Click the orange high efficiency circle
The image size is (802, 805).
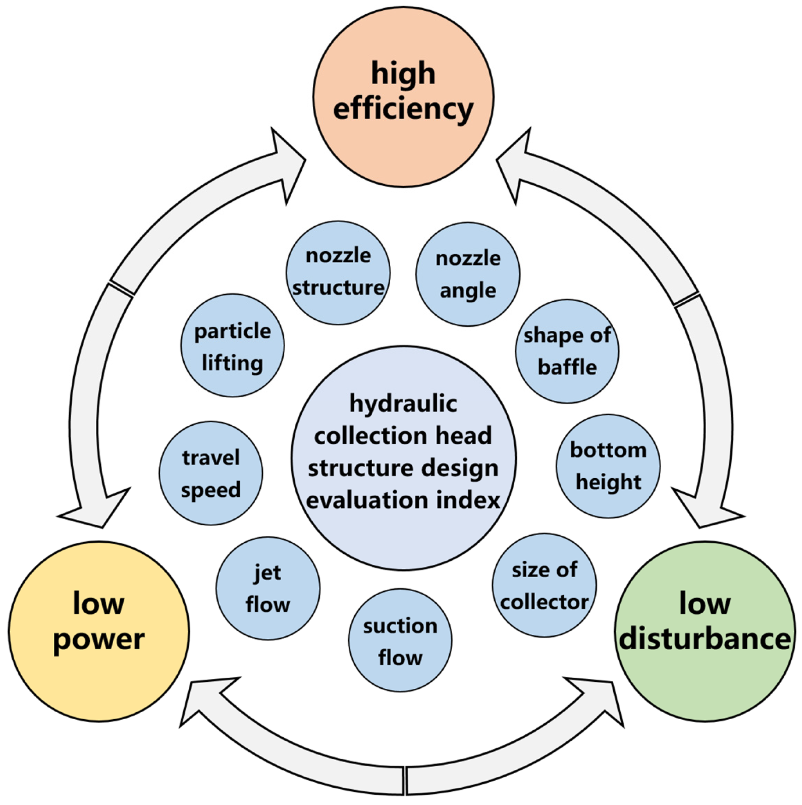403,96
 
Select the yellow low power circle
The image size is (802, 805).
99,631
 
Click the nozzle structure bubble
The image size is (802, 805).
338,273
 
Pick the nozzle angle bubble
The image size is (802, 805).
468,274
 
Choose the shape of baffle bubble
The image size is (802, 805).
567,351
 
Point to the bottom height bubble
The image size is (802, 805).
608,466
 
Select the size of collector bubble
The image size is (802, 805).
544,585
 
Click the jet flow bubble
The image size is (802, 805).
268,588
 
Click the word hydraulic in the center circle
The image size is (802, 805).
403,404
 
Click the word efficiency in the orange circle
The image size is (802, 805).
403,109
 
